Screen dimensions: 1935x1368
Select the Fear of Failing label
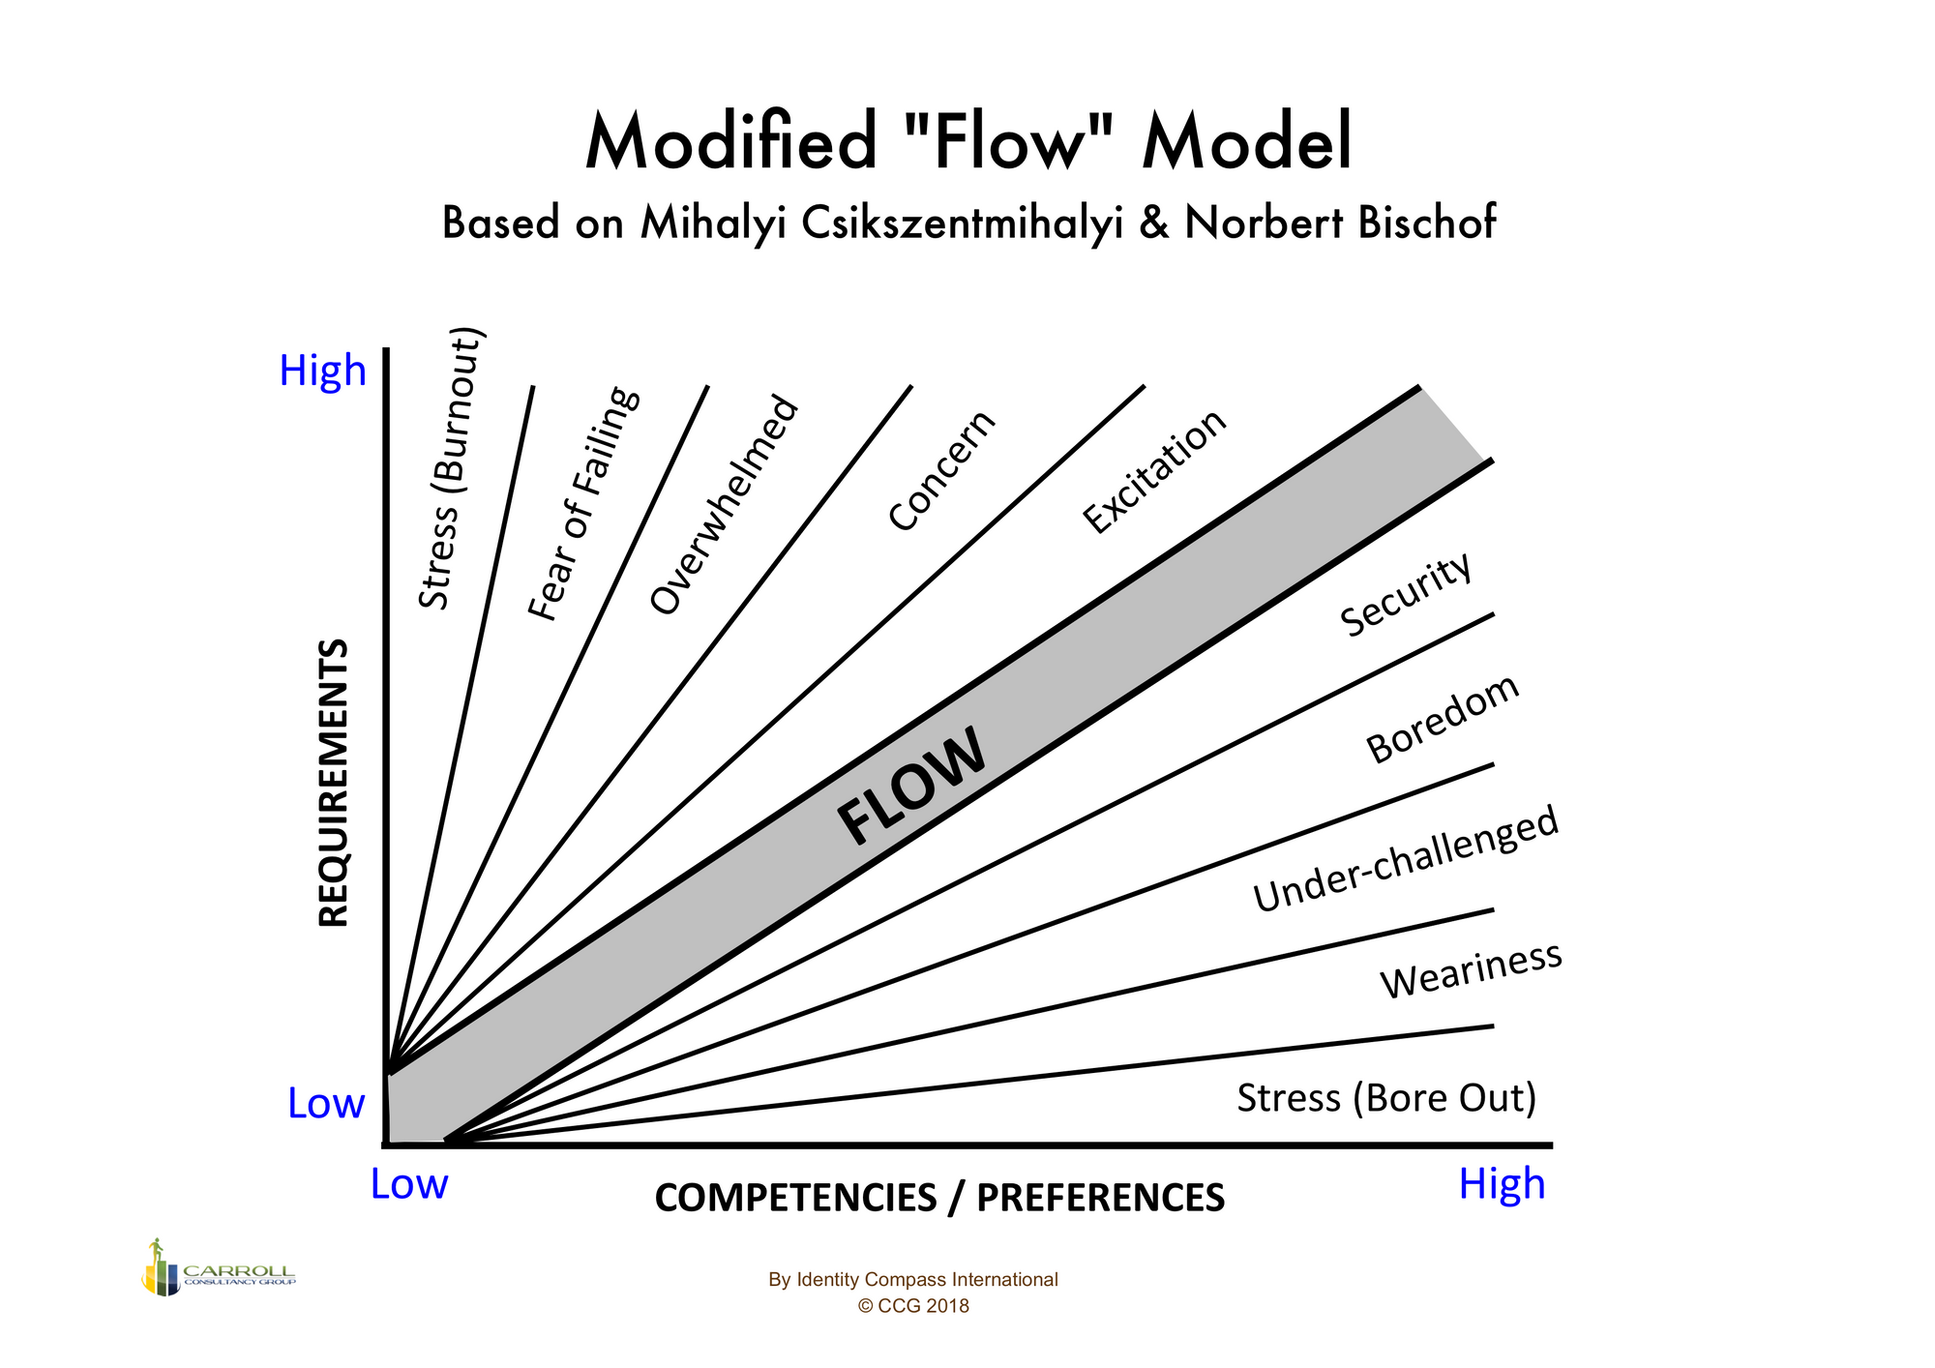(x=583, y=503)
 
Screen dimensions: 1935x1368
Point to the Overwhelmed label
(x=725, y=505)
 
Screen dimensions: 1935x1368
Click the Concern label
(x=941, y=470)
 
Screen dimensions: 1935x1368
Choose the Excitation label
(x=1154, y=471)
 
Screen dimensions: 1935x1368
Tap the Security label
(x=1407, y=595)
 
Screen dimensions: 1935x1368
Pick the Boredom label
(x=1443, y=719)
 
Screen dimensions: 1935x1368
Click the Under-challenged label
(x=1406, y=859)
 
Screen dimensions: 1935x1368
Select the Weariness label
(x=1471, y=970)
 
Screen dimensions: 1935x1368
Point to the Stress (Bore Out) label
(x=1386, y=1098)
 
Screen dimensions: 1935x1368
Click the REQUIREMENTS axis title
(x=334, y=783)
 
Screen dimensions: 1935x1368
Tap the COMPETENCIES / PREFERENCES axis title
(x=939, y=1198)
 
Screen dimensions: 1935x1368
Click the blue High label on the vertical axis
(x=322, y=371)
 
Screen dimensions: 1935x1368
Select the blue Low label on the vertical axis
(x=326, y=1103)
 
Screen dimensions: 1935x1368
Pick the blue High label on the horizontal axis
(x=1502, y=1184)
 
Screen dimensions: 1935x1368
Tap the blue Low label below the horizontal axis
(x=409, y=1184)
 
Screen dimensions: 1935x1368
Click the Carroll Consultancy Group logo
(x=219, y=1267)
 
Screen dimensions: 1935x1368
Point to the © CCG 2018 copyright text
(x=913, y=1306)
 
